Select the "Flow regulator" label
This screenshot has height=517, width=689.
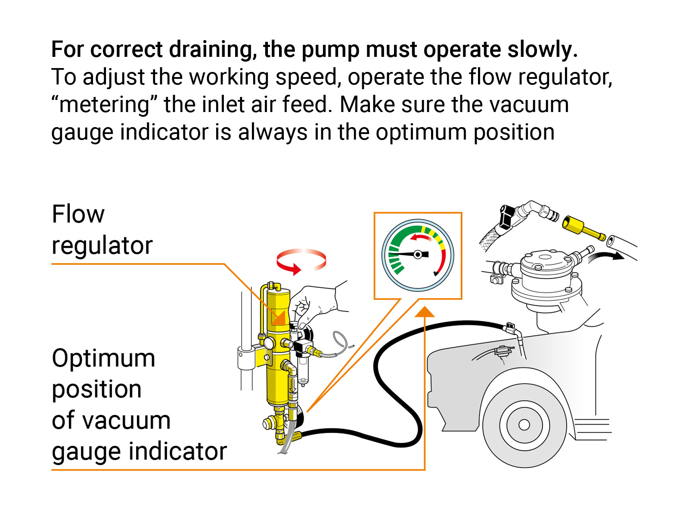tap(102, 230)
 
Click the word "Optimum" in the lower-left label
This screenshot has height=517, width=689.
tap(103, 358)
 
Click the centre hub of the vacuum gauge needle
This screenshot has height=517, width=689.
tap(417, 255)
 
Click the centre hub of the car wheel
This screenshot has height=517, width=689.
tap(524, 425)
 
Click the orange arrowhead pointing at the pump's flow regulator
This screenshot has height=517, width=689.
tap(279, 319)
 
